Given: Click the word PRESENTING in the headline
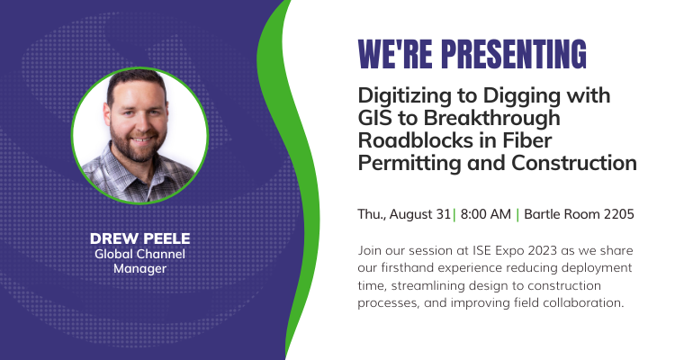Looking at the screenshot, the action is (514, 54).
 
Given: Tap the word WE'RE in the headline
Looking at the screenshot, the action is (395, 54).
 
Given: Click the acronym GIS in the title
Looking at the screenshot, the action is (373, 118).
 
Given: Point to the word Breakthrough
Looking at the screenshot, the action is (492, 119).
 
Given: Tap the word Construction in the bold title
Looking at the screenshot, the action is (574, 163).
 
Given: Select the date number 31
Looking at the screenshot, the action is (444, 214).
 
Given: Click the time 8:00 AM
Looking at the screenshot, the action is (486, 214).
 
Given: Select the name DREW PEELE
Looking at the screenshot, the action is (139, 238).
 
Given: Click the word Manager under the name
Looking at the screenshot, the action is (139, 269).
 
